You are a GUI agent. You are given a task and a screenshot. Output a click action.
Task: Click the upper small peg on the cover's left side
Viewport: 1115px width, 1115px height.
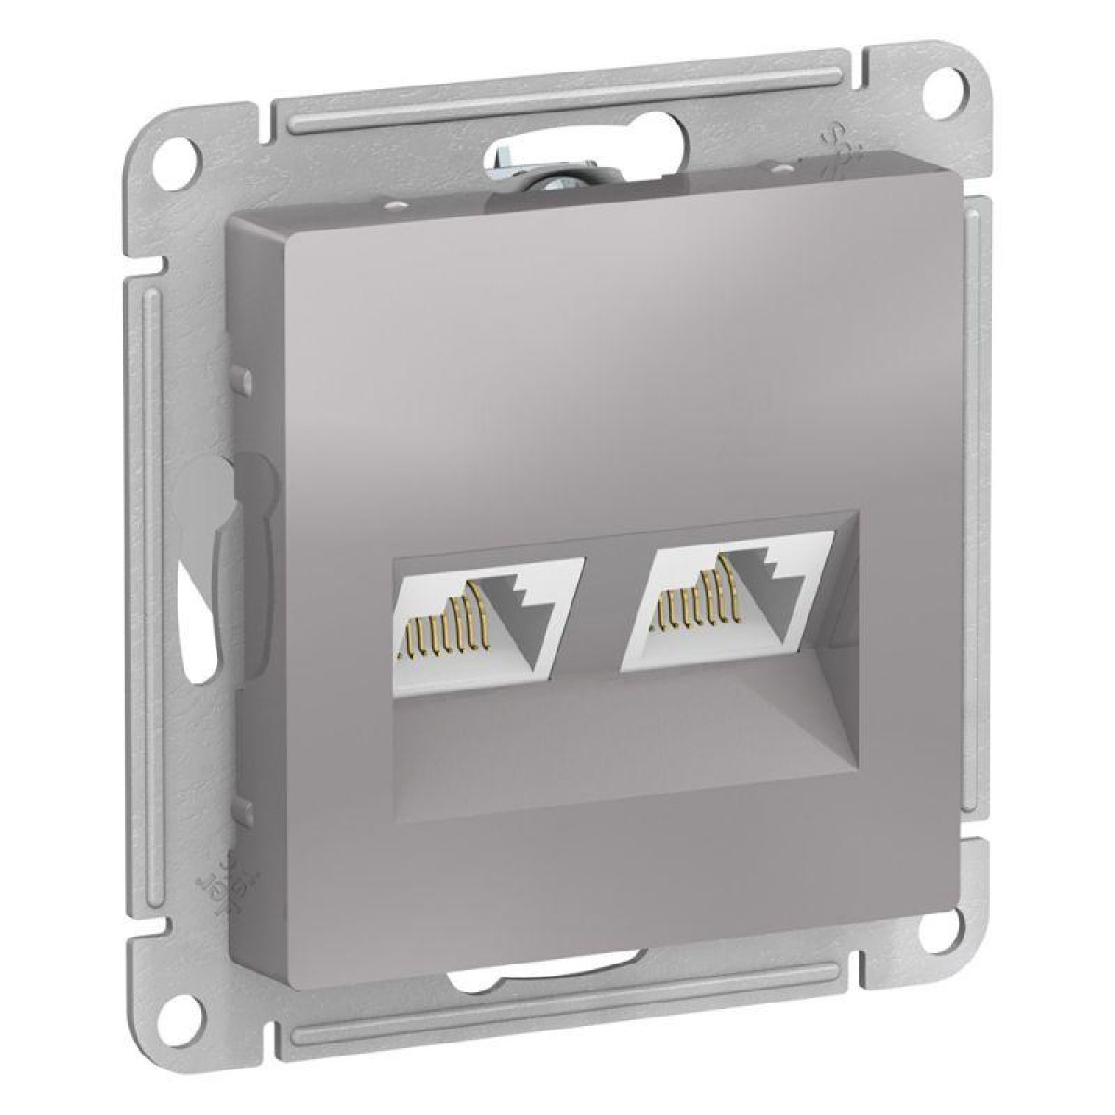click(239, 380)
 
